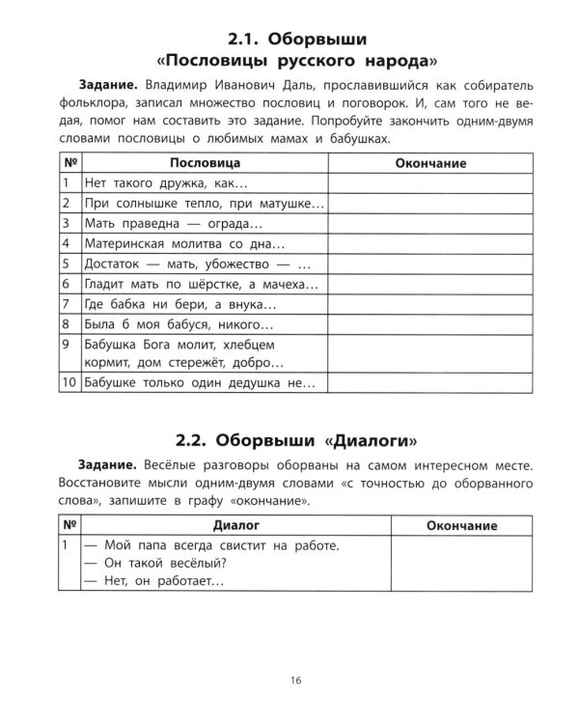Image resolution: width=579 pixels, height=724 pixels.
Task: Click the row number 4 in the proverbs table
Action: tap(66, 243)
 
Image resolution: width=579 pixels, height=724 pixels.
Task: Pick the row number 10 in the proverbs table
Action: tap(68, 384)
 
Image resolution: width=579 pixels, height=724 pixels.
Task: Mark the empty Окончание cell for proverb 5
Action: tap(431, 264)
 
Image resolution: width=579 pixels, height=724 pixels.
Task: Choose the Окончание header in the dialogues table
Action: tap(460, 525)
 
